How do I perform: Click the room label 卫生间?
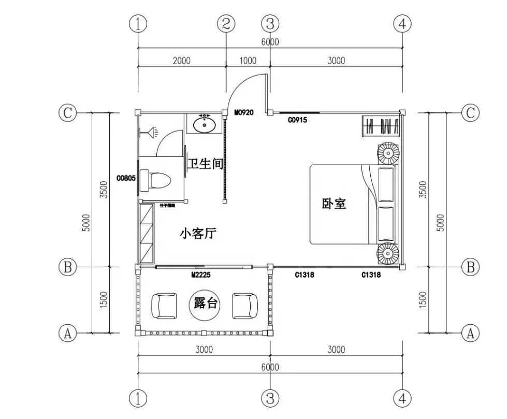coord(205,164)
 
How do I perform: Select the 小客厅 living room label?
coord(197,234)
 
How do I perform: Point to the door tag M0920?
coord(243,112)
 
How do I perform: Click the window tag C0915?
coord(298,120)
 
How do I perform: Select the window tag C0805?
coord(126,179)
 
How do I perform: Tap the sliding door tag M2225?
coord(200,275)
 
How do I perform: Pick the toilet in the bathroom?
coord(158,180)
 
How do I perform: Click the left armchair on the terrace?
coord(165,306)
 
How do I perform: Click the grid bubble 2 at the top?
coord(226,23)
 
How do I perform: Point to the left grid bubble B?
coord(67,267)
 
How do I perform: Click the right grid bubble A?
coord(470,333)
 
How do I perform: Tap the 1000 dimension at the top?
coord(248,61)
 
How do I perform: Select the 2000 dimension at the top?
coord(181,61)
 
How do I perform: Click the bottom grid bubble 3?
coord(270,398)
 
